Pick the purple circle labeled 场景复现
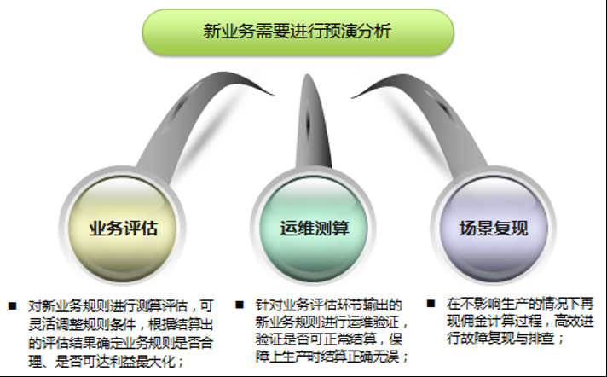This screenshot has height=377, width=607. coord(494,229)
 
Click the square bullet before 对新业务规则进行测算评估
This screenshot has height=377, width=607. coord(13,304)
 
